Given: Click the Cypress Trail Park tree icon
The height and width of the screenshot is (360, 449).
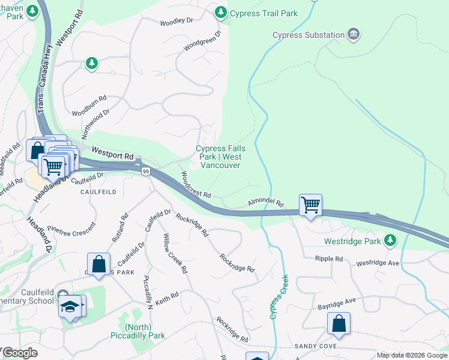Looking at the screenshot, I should (221, 12).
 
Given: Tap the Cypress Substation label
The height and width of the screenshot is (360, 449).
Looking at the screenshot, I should (309, 35).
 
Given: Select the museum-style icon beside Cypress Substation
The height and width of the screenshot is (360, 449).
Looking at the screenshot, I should (354, 34).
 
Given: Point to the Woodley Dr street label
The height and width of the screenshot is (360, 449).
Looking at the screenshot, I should (176, 22).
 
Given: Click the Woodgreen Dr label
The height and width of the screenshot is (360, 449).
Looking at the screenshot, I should (202, 42).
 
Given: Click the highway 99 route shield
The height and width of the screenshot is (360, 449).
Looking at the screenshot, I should (146, 172).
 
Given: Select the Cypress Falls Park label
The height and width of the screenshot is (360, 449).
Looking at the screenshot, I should (220, 157).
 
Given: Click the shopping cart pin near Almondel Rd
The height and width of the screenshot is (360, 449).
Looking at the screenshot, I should (310, 205).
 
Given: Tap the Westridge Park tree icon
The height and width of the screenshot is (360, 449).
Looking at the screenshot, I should (390, 241).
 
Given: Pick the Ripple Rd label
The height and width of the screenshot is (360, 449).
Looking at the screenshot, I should (329, 259).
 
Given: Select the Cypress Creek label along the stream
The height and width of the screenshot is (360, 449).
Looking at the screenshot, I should (280, 296).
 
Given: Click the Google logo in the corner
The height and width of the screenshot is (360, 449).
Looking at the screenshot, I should (20, 353).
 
